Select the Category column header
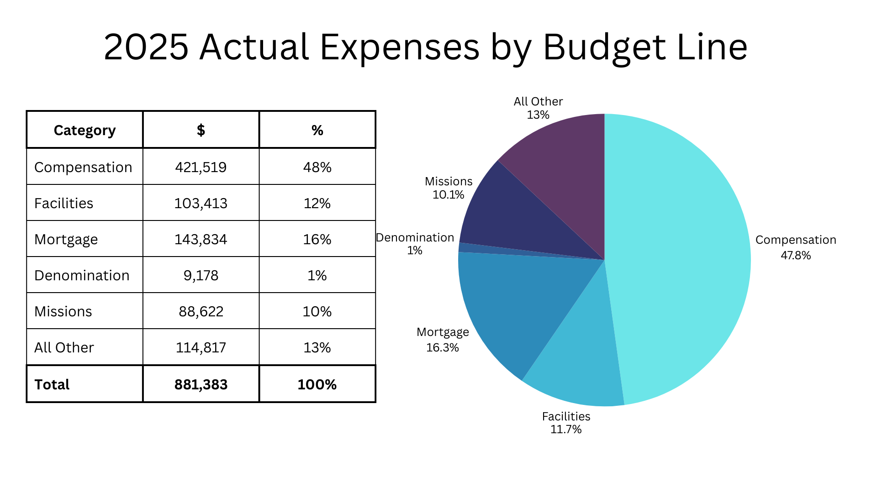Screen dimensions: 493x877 click(85, 131)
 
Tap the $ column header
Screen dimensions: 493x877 click(201, 131)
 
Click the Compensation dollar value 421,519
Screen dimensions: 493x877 click(201, 167)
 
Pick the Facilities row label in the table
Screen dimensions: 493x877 click(63, 203)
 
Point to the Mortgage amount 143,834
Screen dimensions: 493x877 click(201, 239)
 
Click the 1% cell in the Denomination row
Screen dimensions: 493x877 click(317, 275)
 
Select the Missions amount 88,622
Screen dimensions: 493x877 click(201, 311)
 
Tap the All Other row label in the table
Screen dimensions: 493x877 click(64, 347)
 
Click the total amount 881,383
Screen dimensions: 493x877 click(201, 384)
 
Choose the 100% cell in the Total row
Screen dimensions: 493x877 click(317, 384)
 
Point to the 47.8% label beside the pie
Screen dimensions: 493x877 click(796, 256)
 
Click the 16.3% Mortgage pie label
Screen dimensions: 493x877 click(442, 348)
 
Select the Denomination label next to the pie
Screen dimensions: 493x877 click(415, 238)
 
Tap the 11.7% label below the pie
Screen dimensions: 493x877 click(566, 430)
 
